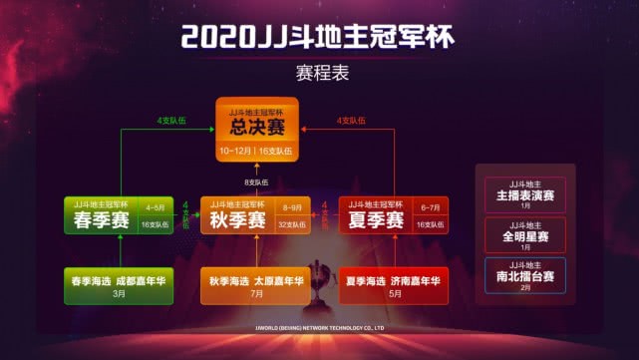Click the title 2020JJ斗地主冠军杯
[x=319, y=38]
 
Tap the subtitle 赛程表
[x=319, y=74]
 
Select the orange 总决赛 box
[x=258, y=131]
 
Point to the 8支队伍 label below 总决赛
[x=258, y=181]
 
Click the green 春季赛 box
[x=119, y=216]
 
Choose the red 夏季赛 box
[x=394, y=216]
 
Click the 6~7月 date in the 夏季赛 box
[x=431, y=208]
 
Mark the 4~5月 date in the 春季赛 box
[x=156, y=208]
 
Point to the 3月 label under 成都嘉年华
[x=119, y=295]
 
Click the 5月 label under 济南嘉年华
[x=394, y=295]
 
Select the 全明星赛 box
[x=525, y=234]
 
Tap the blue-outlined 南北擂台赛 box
[x=525, y=275]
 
